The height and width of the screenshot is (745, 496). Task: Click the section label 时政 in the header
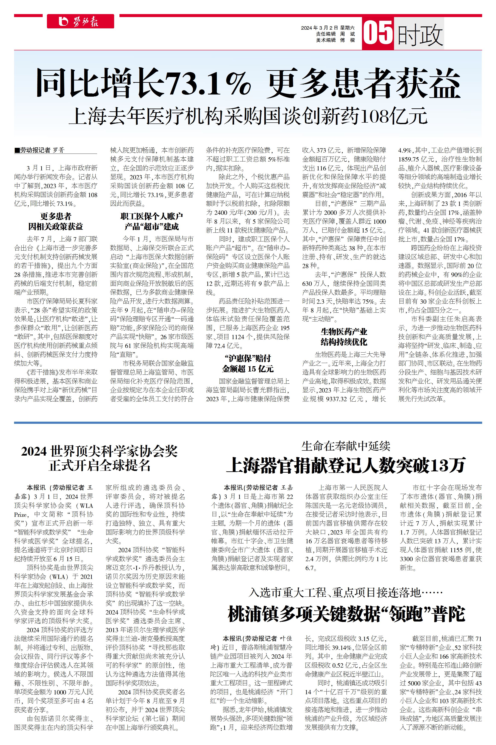(x=419, y=34)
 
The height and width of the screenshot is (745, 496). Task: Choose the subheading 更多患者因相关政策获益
(x=56, y=221)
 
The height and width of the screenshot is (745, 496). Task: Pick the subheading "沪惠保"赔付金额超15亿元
(x=247, y=363)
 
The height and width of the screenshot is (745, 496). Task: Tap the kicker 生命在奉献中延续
(x=346, y=446)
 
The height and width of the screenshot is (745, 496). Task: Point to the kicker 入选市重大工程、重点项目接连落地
(x=346, y=592)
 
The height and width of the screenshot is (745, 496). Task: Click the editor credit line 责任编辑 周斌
(x=335, y=34)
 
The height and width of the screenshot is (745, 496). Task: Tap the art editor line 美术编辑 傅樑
(x=335, y=40)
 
